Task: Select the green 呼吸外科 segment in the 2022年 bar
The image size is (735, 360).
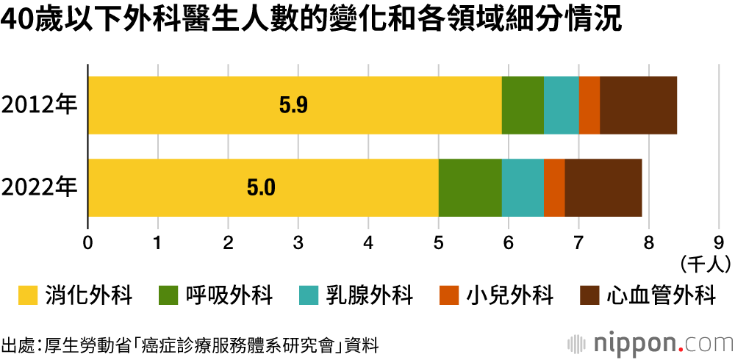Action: click(x=470, y=187)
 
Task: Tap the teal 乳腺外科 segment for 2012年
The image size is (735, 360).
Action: click(x=561, y=105)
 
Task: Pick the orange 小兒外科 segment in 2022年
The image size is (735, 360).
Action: click(x=553, y=187)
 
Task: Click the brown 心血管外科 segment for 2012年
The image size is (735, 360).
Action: click(x=638, y=105)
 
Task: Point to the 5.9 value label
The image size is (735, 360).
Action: click(x=293, y=106)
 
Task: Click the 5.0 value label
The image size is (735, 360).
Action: click(x=260, y=188)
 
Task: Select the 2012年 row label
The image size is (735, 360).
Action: click(x=40, y=105)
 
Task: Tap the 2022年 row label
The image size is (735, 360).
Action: click(x=40, y=187)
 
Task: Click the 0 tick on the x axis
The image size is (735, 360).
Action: click(x=88, y=242)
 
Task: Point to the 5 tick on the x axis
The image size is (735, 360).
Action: click(x=439, y=242)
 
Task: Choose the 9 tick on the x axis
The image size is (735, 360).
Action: click(x=718, y=242)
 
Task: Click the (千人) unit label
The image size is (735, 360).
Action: click(x=705, y=261)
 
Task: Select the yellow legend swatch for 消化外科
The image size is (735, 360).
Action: click(x=26, y=296)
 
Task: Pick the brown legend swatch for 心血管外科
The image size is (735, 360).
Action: click(x=589, y=296)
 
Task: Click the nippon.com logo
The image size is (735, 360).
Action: click(x=650, y=343)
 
